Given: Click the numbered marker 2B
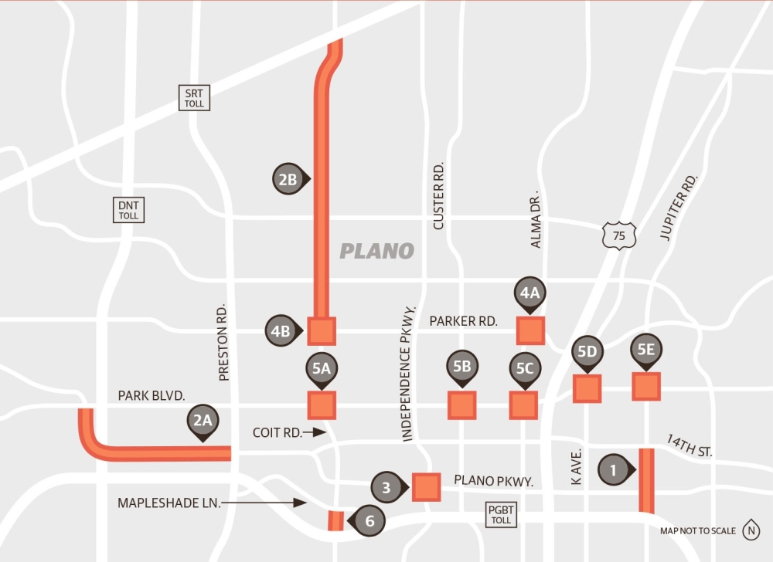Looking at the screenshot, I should (x=288, y=180).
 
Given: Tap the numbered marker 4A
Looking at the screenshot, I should (x=530, y=293).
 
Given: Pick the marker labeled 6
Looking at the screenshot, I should (x=369, y=521).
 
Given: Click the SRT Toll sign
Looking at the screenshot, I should (x=194, y=97).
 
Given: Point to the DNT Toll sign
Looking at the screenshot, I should (x=128, y=210).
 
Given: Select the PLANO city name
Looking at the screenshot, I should (x=377, y=251).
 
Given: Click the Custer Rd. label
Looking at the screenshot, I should (x=438, y=195).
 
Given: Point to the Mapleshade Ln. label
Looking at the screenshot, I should (x=169, y=503).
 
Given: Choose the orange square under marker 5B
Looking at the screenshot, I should (x=461, y=405).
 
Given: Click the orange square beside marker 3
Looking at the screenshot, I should (x=426, y=487).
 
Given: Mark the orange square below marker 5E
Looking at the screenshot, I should (x=646, y=386).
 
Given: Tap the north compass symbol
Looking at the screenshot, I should (x=751, y=530).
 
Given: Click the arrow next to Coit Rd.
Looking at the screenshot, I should (x=316, y=432).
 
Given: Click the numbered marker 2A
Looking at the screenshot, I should (x=203, y=421).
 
